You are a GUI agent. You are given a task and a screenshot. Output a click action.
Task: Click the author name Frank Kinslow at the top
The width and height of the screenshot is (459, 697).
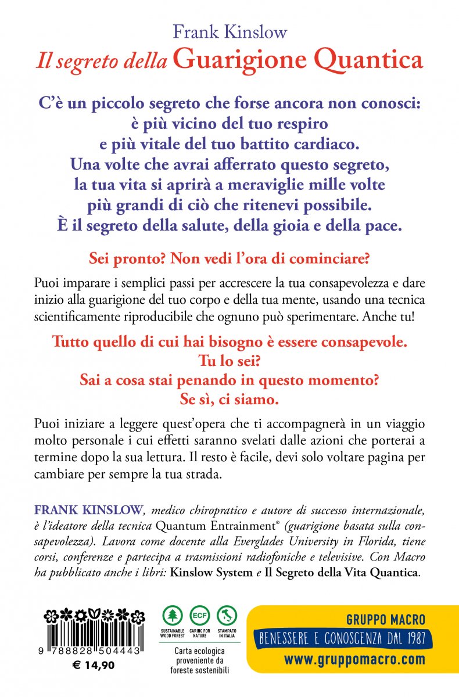point(229,32)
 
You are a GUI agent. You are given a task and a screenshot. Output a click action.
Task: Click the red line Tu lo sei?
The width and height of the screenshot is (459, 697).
point(229,361)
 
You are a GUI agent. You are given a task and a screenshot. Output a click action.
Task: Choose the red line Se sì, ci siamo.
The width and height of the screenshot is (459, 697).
point(229,400)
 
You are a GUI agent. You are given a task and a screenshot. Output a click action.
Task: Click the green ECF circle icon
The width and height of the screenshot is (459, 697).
point(199,616)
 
